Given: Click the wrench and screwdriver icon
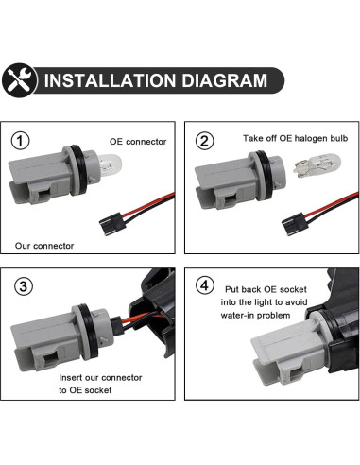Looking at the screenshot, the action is point(20,80).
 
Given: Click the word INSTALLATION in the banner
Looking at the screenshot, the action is point(110,80).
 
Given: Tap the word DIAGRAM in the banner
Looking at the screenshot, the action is point(225,80).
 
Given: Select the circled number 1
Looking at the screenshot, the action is point(21,141).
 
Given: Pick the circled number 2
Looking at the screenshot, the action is point(205,141).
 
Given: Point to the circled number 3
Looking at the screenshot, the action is point(24,286).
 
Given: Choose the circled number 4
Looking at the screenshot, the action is point(205,285).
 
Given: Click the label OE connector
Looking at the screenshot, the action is point(138,142).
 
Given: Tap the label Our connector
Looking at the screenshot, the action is point(44,246).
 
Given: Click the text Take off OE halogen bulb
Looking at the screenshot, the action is point(295,138).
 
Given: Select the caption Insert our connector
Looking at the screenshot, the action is point(100,377).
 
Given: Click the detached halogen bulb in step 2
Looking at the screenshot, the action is point(317,165).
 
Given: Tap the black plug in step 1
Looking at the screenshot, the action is point(112,223).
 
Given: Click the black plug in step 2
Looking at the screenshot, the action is point(295,223).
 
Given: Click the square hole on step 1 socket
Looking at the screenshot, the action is point(43,196).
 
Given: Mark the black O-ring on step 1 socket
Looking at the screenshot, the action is point(78,170).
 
